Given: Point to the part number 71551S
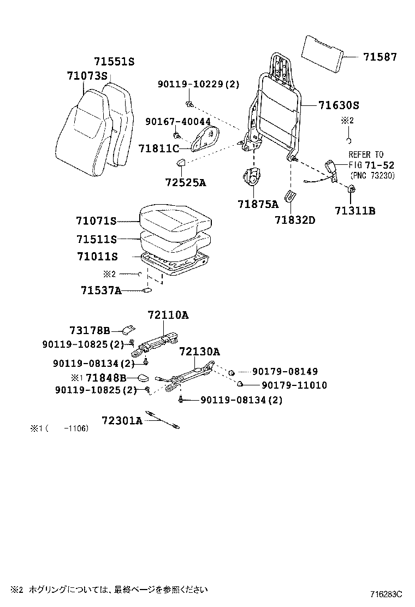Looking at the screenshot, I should click(114, 62).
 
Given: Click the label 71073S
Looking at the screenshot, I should click(87, 76).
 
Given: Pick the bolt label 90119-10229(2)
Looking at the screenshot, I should click(199, 85).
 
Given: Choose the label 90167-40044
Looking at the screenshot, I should click(178, 121).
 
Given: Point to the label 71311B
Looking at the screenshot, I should click(355, 211).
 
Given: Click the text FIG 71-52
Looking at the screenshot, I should click(372, 165).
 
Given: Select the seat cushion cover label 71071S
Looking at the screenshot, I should click(97, 221).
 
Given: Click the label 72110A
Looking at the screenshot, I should click(168, 315).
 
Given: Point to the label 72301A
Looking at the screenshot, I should click(122, 420).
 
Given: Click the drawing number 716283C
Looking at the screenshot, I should click(386, 593).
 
